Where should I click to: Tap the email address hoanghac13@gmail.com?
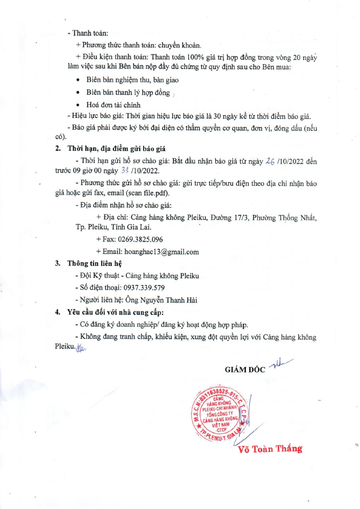pyautogui.click(x=161, y=252)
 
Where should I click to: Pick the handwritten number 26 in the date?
pyautogui.click(x=272, y=162)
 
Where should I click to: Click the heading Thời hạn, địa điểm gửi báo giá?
pyautogui.click(x=117, y=149)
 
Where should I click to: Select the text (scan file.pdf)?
pyautogui.click(x=153, y=193)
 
